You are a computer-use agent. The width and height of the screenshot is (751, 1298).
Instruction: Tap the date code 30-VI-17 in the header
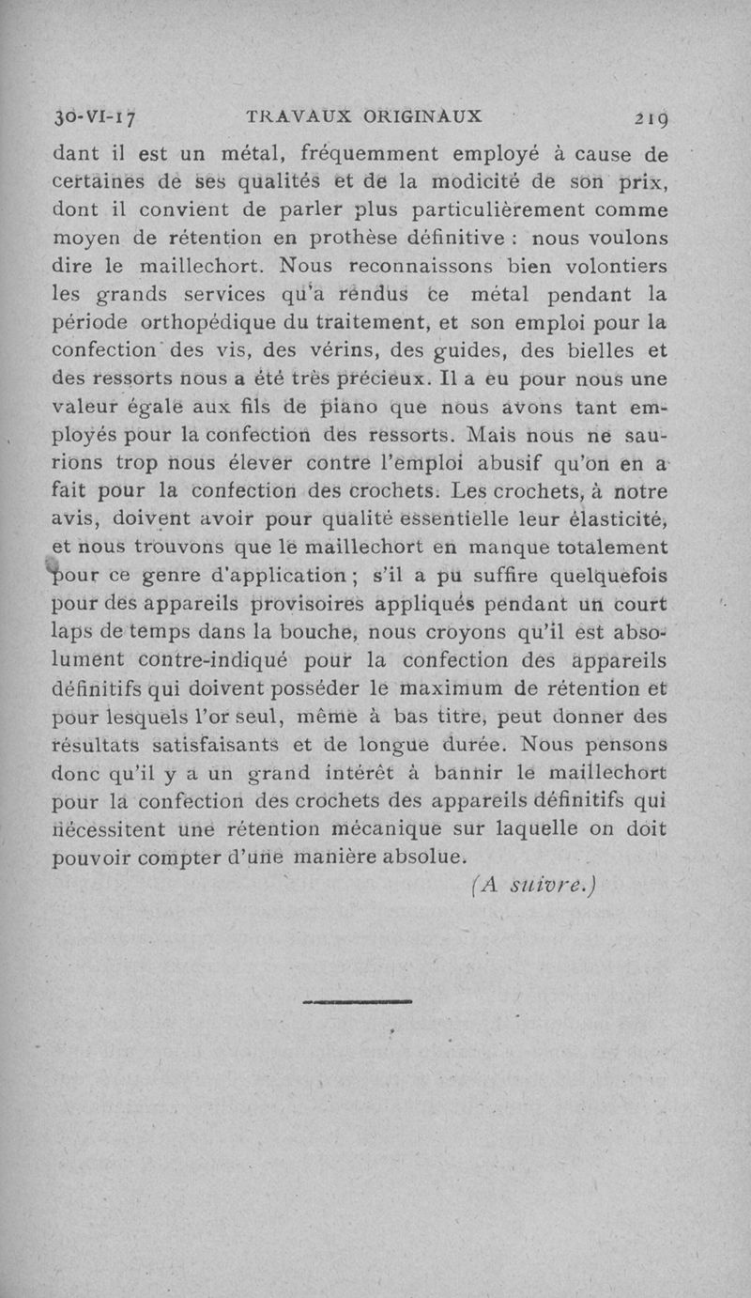[x=94, y=118]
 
